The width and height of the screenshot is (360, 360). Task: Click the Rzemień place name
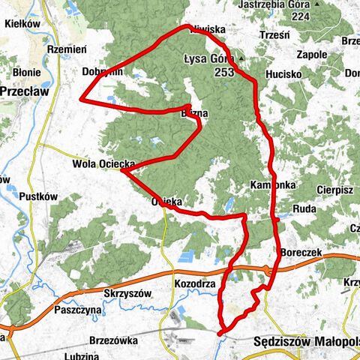[67, 49]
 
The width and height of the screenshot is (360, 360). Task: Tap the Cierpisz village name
[334, 190]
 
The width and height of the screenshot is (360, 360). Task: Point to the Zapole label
[310, 55]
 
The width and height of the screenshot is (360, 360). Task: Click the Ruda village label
[304, 208]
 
